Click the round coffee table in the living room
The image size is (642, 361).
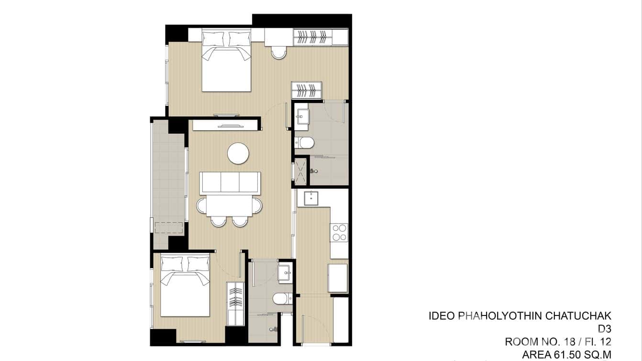tap(238, 154)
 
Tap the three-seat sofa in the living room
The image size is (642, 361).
tap(230, 182)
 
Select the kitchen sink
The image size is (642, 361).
tap(311, 197)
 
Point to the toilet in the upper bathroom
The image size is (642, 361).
tap(304, 142)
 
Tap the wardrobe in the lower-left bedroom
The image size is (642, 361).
tap(235, 304)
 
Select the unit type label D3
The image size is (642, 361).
tap(605, 329)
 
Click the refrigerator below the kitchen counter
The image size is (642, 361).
tap(338, 277)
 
